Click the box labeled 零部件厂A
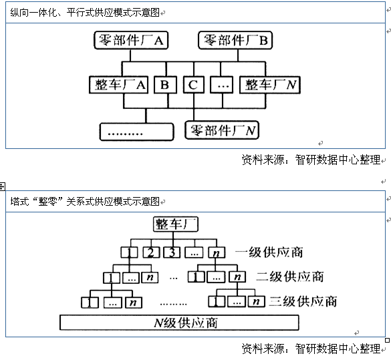tap(131, 40)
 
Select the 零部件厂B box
tap(235, 40)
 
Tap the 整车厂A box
tap(119, 85)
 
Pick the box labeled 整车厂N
tap(270, 85)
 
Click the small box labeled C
tap(194, 85)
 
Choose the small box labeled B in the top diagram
tap(165, 85)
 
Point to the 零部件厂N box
tap(222, 130)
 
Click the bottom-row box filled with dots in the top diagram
tap(136, 132)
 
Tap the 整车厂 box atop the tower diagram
tap(176, 224)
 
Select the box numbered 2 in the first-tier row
tap(151, 252)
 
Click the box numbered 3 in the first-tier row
tap(172, 252)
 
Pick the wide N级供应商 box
tap(179, 323)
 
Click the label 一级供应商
tap(269, 252)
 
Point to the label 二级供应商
tap(290, 277)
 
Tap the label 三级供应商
tap(303, 301)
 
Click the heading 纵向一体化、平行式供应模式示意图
tap(85, 13)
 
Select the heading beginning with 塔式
tap(85, 201)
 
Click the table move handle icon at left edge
tap(2, 186)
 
